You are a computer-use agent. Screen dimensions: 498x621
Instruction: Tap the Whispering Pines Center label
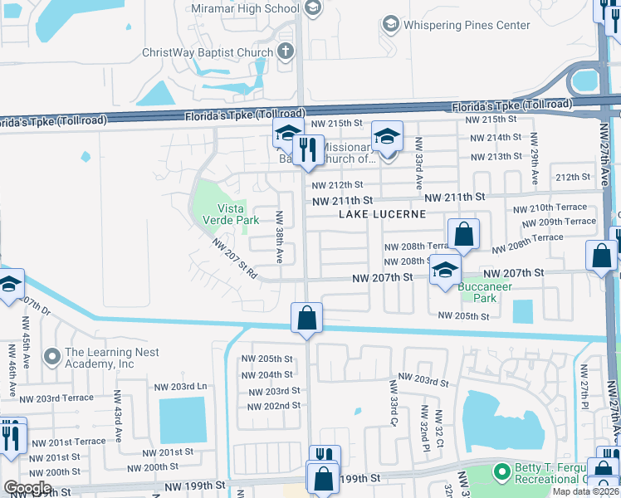tap(467, 25)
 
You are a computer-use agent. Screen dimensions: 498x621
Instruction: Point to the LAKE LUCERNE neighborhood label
tap(382, 214)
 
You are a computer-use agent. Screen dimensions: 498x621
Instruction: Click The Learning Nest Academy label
tap(100, 358)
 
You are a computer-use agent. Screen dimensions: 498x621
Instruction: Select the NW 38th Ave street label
tap(280, 236)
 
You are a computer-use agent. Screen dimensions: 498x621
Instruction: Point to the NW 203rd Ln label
tap(180, 387)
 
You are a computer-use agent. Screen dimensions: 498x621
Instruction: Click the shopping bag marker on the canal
tap(306, 319)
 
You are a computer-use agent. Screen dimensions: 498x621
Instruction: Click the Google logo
tap(27, 489)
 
